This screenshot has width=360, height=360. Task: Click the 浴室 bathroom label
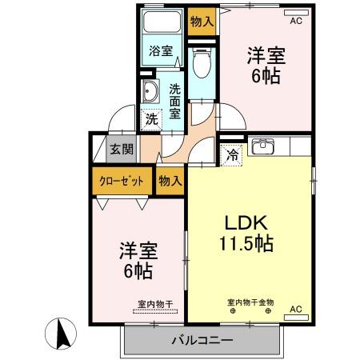161,51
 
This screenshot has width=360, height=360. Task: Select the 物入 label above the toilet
201,22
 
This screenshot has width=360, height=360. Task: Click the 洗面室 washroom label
174,102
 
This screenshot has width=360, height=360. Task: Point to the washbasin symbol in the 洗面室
149,93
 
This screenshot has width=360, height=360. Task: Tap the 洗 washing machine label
151,119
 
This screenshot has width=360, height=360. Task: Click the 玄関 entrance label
122,149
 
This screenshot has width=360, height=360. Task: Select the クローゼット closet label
122,181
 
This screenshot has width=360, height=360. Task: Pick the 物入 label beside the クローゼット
170,181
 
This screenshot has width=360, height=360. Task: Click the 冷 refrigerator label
232,155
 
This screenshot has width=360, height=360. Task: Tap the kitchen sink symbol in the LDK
262,147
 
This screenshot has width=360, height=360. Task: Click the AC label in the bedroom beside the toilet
296,22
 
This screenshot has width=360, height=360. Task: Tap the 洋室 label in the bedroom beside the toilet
266,57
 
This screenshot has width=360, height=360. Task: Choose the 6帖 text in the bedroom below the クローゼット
138,270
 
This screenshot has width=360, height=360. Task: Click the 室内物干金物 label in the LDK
250,302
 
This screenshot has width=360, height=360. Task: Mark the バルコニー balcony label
202,340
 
